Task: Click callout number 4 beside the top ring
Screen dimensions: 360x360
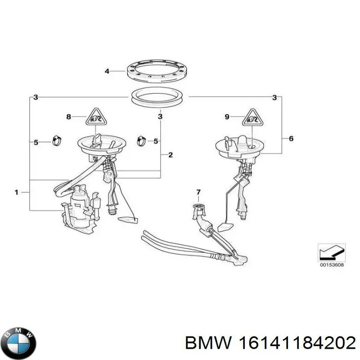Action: click(x=107, y=71)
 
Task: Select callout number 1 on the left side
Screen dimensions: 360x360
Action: click(x=17, y=193)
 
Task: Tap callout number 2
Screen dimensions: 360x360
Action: click(x=171, y=155)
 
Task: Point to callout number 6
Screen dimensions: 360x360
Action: click(x=291, y=139)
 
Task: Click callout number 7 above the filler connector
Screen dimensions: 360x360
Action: click(x=197, y=193)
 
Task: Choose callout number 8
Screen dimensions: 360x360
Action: click(x=69, y=117)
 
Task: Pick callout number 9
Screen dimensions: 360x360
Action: click(x=227, y=117)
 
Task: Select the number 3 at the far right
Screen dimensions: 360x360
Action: click(x=274, y=97)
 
